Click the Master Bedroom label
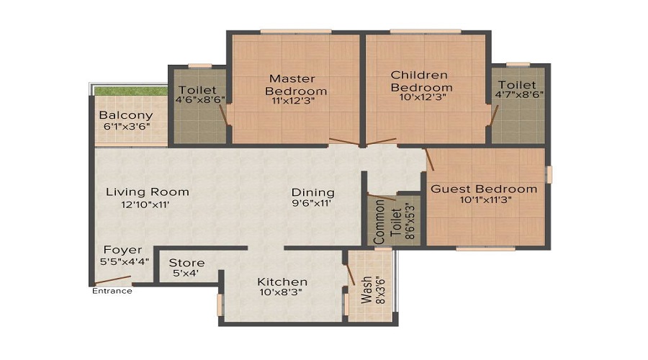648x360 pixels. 296,84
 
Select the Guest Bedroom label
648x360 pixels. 484,189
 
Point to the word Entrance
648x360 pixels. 112,291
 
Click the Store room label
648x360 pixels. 186,263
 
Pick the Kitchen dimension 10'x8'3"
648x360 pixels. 281,292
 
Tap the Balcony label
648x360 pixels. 126,115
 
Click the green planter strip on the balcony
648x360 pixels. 130,91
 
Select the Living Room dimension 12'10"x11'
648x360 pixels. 145,204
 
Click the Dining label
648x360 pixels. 313,192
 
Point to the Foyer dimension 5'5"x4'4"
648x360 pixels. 125,261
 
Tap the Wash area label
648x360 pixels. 366,290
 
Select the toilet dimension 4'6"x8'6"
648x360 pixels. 200,99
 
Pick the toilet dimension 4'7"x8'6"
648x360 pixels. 519,94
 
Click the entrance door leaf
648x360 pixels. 112,280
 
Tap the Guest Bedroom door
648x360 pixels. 429,160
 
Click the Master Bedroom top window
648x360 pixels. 296,32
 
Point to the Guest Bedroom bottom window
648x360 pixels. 485,249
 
